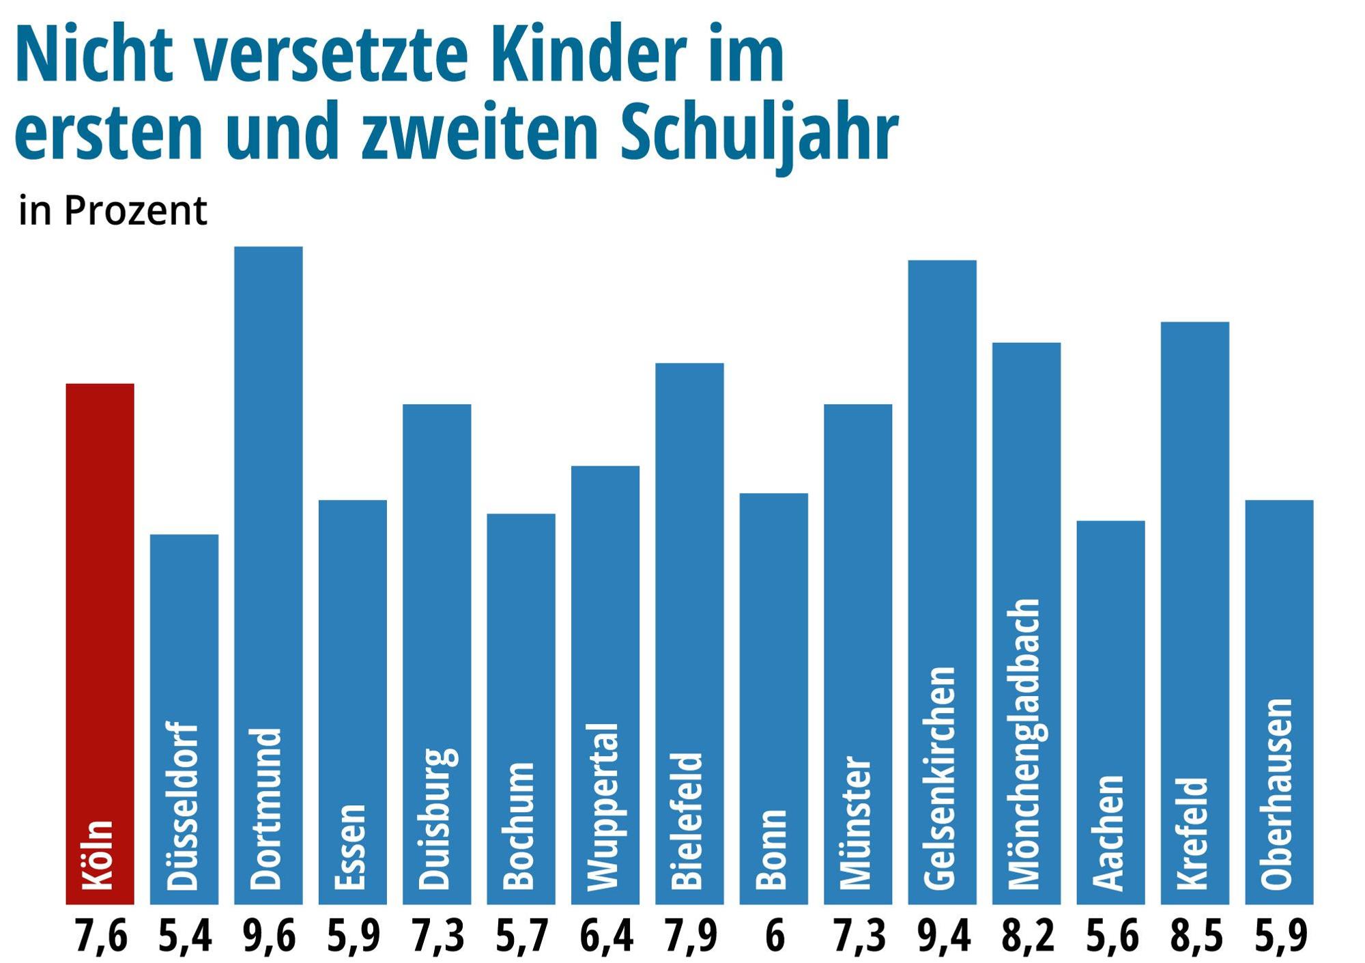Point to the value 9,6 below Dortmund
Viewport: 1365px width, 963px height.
[269, 936]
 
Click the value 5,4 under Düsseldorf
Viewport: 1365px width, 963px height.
[184, 936]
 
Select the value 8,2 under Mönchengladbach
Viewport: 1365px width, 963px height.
[1027, 936]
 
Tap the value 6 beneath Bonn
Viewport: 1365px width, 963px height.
[774, 936]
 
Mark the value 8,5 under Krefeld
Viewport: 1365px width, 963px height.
[1196, 936]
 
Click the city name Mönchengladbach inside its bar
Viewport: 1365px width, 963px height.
[1025, 744]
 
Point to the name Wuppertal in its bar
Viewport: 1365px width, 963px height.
[603, 807]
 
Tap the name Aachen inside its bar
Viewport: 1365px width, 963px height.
[1109, 833]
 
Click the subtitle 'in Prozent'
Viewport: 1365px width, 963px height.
[113, 211]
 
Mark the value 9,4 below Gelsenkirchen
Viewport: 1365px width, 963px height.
[943, 936]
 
